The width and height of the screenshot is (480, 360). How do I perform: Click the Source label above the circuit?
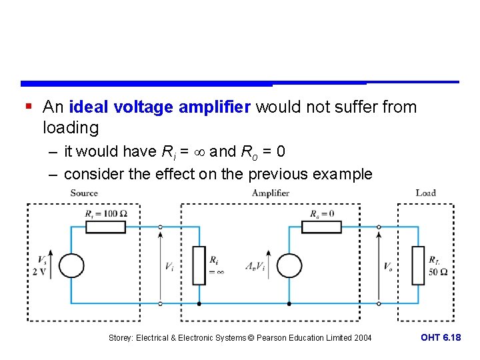click(x=84, y=193)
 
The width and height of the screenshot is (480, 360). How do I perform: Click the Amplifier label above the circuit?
click(x=271, y=193)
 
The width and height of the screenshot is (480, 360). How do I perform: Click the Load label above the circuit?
click(x=425, y=193)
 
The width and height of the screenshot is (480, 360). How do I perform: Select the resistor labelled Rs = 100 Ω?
click(x=107, y=227)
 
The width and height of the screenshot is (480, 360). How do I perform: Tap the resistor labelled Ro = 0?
click(x=321, y=227)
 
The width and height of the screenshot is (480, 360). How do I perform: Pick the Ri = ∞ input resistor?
click(x=199, y=265)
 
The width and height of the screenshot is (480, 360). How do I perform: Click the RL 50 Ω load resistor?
click(x=418, y=265)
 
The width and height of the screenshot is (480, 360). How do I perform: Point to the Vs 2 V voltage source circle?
click(x=71, y=265)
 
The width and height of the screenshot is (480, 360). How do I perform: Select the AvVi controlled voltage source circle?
click(x=289, y=265)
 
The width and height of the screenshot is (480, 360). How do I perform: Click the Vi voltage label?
click(x=170, y=266)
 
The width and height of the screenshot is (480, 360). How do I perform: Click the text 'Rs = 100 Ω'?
click(x=107, y=213)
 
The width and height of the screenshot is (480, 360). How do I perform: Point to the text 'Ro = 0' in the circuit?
click(x=322, y=213)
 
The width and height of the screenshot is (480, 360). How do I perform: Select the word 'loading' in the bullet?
click(x=70, y=127)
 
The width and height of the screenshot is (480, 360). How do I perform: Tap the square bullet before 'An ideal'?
click(x=27, y=107)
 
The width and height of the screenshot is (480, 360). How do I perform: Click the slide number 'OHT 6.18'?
click(x=441, y=338)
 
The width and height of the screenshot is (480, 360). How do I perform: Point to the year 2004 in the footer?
click(x=361, y=338)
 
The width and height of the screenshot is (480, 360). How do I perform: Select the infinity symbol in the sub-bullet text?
click(x=199, y=152)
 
